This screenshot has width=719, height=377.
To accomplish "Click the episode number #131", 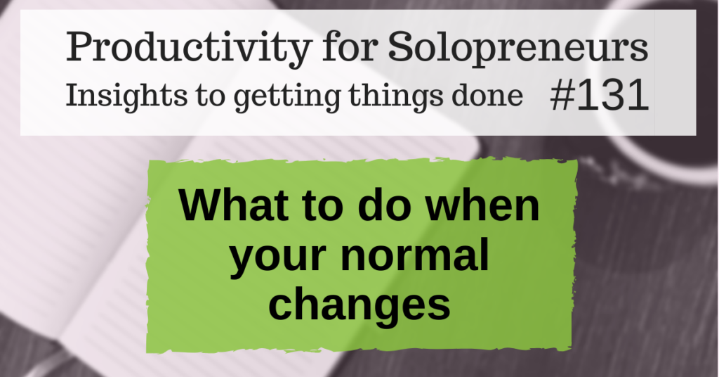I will [598, 97].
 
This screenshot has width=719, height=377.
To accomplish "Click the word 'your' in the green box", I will [278, 257].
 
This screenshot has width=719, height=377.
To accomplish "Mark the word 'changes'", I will [359, 304].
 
